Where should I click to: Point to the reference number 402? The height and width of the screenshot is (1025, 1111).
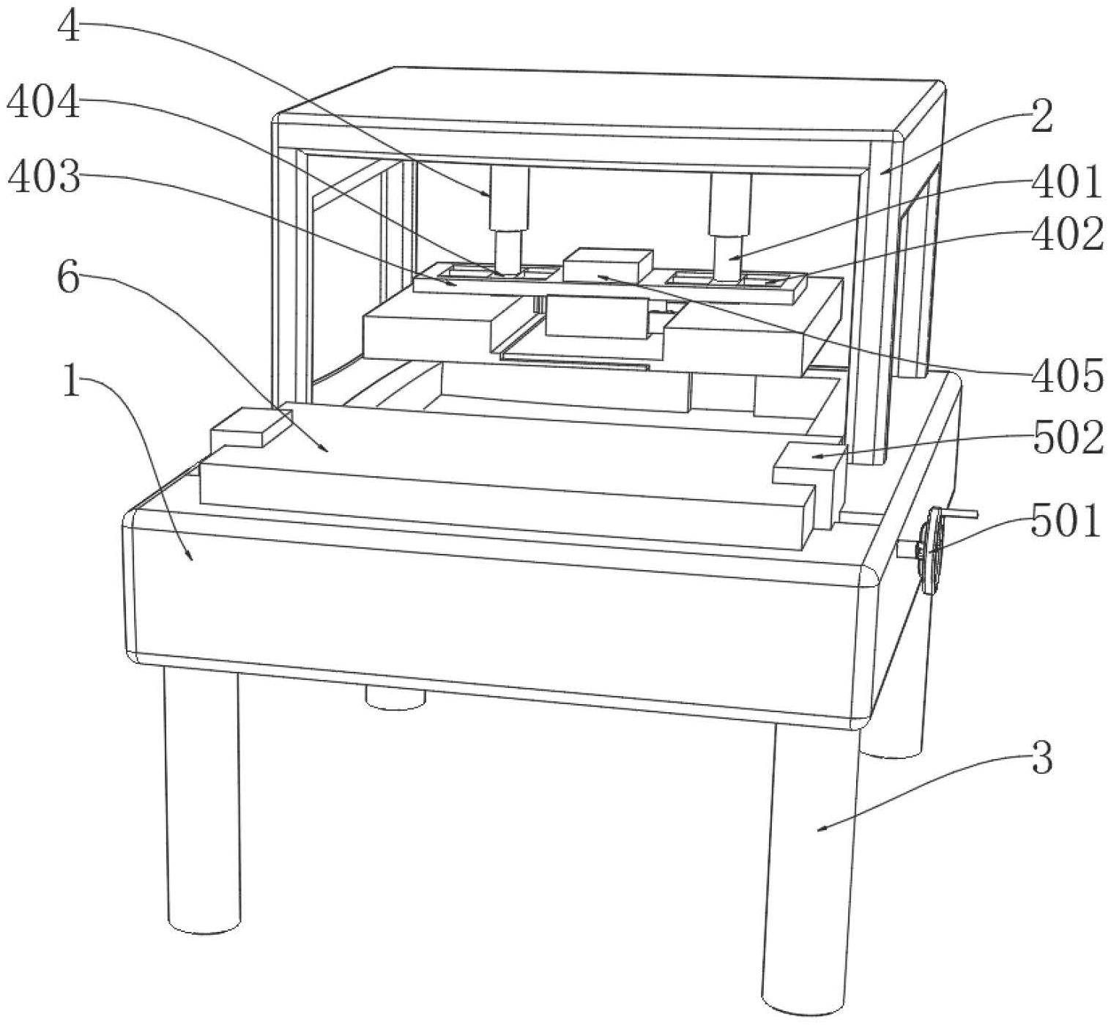pos(1066,236)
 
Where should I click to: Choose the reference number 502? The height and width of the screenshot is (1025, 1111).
pos(1066,440)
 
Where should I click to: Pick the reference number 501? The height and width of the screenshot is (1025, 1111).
pos(1066,522)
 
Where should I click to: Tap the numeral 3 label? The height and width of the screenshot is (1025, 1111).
pos(1041,758)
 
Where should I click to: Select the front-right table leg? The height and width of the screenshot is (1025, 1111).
pos(809,865)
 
